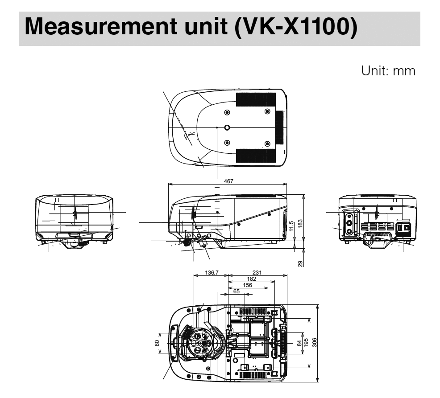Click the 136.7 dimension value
click(x=209, y=273)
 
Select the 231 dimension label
click(x=257, y=273)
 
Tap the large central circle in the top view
click(x=227, y=127)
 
